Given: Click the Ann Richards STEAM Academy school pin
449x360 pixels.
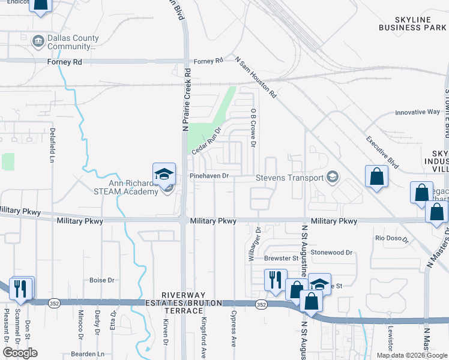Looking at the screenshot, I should (164, 175).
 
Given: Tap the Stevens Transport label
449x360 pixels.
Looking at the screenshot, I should (289, 178).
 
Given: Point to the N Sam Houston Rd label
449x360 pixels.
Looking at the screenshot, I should (256, 78).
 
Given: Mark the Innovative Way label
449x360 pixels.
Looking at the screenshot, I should (417, 112).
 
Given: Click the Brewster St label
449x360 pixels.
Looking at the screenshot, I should (281, 259).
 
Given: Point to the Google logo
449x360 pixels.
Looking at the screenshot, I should (20, 353).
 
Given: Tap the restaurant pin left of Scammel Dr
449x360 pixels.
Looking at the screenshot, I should (21, 288).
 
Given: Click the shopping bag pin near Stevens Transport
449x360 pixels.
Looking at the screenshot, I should (376, 176).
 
